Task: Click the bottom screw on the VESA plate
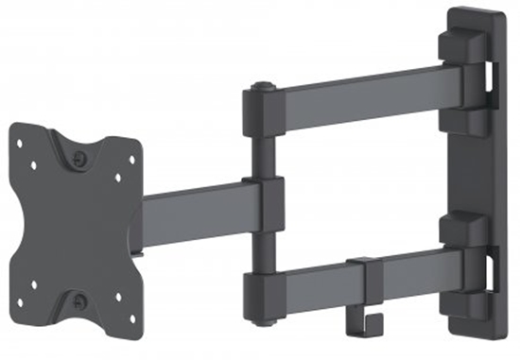[x=78, y=301]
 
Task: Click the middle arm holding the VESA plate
[x=194, y=210]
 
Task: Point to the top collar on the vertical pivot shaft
[x=262, y=111]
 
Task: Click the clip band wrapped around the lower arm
[x=365, y=274]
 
